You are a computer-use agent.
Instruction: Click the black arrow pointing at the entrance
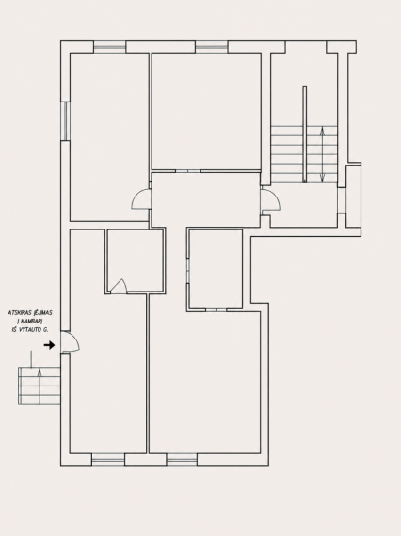coord(49,345)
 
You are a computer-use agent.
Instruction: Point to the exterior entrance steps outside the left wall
coord(40,386)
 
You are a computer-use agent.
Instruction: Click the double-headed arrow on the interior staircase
coord(322,154)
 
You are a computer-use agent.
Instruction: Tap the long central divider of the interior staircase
coord(304,134)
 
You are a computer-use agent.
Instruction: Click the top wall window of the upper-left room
coord(109,47)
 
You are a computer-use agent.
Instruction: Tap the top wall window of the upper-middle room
coord(212,47)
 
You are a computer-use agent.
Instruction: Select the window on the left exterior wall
coord(65,121)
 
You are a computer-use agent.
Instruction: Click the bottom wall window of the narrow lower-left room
coord(108,460)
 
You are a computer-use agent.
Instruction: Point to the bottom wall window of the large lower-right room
coord(182,460)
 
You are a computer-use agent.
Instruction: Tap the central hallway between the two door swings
coord(205,199)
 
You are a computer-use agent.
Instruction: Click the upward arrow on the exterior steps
coord(40,386)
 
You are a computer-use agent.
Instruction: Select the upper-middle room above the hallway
coord(206,111)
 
